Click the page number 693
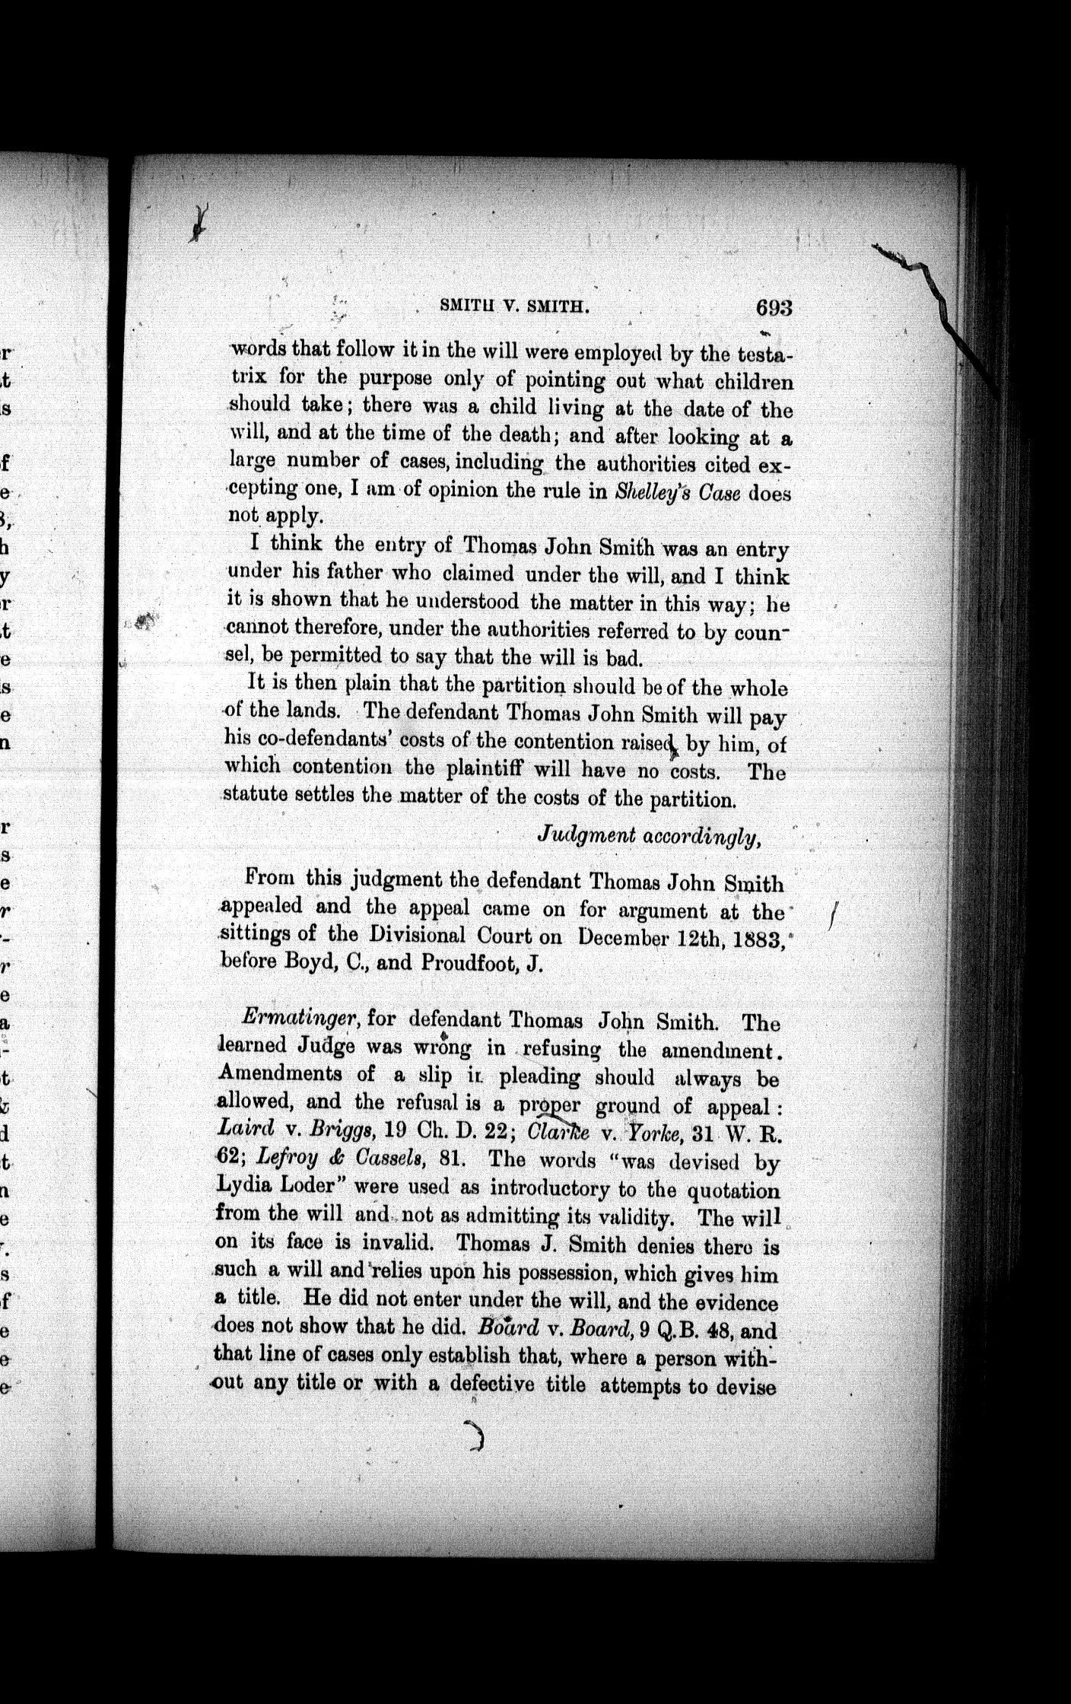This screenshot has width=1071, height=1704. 774,308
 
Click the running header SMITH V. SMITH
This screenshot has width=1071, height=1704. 515,306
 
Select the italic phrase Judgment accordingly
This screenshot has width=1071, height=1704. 648,835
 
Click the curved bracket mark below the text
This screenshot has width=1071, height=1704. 476,1436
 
